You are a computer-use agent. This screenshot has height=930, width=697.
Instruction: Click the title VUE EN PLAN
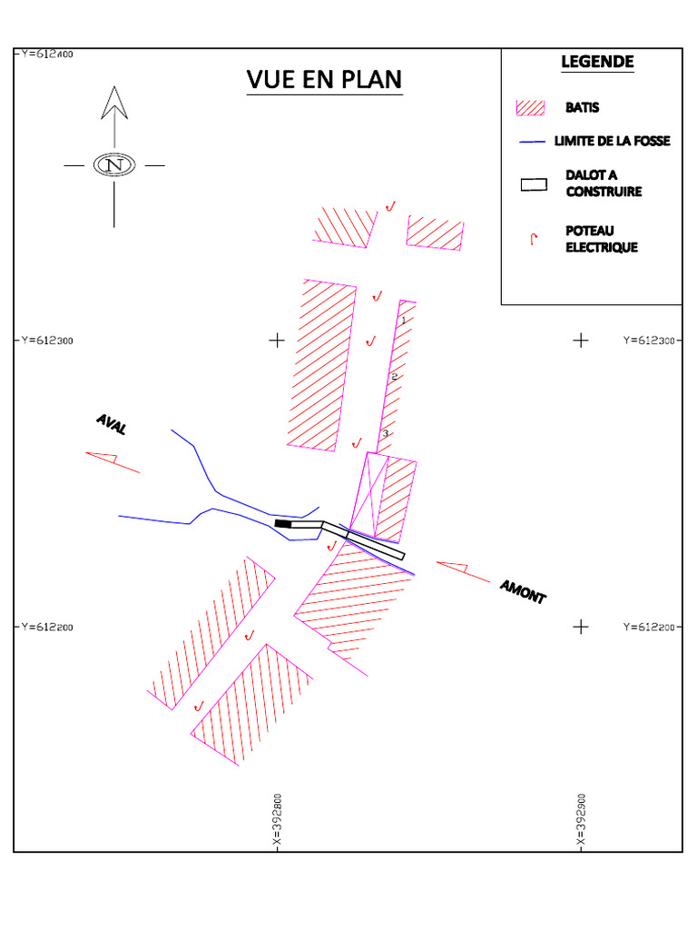click(324, 80)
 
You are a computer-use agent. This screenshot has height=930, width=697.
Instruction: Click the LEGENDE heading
click(597, 62)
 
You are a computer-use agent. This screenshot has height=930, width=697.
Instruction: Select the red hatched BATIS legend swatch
click(530, 107)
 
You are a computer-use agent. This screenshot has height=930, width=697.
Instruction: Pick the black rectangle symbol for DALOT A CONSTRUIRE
click(534, 184)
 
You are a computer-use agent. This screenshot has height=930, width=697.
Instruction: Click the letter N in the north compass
click(115, 166)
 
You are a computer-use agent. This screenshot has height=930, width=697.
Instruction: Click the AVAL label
click(113, 424)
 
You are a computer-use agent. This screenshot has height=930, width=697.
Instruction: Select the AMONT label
click(523, 592)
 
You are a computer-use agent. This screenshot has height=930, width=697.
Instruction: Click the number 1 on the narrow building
click(403, 320)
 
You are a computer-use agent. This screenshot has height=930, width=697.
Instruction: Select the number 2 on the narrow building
click(394, 376)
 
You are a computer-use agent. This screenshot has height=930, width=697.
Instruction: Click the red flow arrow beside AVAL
click(113, 460)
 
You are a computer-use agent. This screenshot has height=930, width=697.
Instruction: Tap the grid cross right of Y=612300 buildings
click(581, 341)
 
